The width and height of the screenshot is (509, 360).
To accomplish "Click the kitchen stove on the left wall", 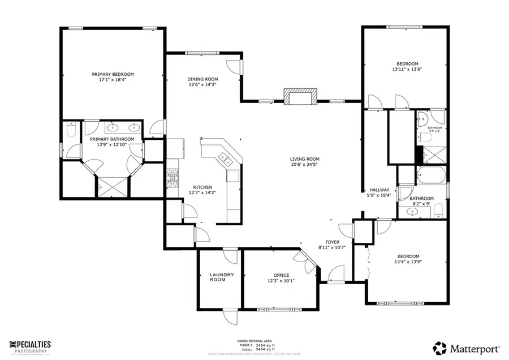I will click(172, 178).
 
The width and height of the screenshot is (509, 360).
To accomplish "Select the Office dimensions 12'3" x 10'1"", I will click(281, 281).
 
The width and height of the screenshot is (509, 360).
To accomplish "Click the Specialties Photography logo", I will click(31, 346).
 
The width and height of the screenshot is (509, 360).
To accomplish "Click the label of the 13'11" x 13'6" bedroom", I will click(407, 63).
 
